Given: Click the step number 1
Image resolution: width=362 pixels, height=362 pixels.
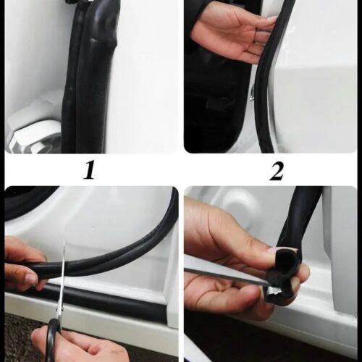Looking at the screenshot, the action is pos(89,170).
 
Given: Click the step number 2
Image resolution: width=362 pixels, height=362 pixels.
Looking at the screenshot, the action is pos(276,171).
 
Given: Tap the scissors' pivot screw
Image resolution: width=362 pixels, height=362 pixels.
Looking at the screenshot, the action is pos(60,309).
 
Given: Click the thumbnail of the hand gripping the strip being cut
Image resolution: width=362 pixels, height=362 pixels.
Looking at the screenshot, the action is pos(31,278).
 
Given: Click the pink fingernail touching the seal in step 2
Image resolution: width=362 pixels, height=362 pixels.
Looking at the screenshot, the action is pos(272,19).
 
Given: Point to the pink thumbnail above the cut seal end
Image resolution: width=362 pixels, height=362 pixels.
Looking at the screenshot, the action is pos(274,251).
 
